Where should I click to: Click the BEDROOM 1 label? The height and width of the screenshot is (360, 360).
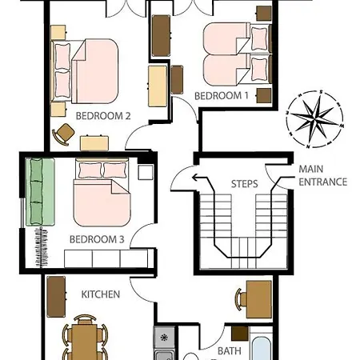[222, 96]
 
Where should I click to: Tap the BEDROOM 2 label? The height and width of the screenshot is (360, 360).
[103, 116]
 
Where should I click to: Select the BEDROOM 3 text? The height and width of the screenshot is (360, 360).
[97, 239]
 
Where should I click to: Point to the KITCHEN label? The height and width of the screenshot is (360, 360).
[101, 294]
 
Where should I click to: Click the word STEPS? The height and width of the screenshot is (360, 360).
[244, 184]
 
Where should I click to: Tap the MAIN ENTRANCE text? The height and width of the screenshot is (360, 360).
[322, 175]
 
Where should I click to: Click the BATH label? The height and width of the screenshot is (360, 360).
[230, 351]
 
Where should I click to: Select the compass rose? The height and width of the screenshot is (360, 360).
[315, 118]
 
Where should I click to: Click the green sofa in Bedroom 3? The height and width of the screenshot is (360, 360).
[40, 192]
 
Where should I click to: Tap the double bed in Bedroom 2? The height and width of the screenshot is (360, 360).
[85, 71]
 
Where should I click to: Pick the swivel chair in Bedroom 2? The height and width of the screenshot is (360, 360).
[64, 134]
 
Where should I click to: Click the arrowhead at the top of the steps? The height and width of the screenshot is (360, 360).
[196, 178]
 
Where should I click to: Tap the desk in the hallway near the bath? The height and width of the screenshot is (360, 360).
[258, 299]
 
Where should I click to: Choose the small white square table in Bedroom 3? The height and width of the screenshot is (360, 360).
[146, 172]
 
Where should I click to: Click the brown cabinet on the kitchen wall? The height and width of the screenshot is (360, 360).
[56, 297]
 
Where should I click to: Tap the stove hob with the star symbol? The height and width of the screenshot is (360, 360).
[164, 338]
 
